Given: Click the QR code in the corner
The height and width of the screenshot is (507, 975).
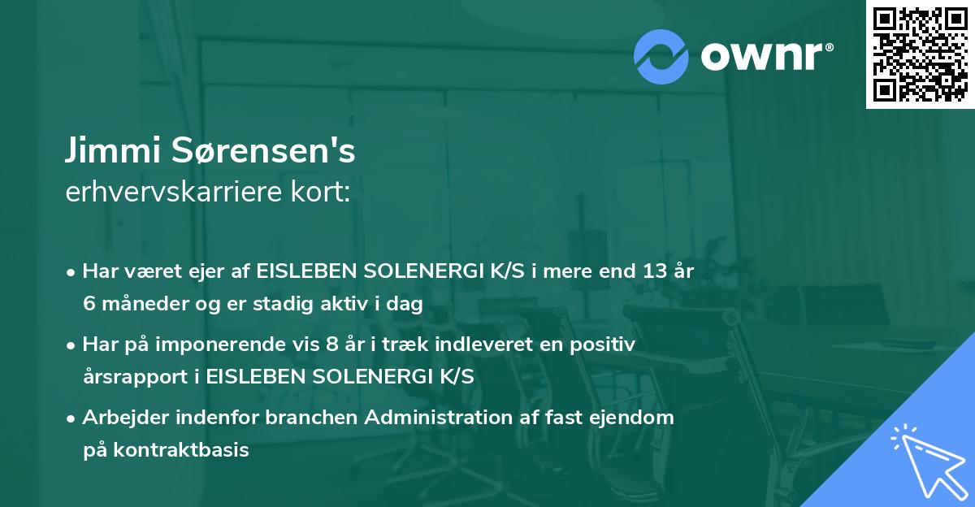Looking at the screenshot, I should coord(920,54).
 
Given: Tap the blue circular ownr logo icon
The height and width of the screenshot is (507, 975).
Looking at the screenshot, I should coord(661,55).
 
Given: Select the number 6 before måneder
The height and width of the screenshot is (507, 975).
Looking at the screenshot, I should coord(89,304).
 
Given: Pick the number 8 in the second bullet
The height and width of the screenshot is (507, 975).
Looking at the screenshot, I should coord(331,344).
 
